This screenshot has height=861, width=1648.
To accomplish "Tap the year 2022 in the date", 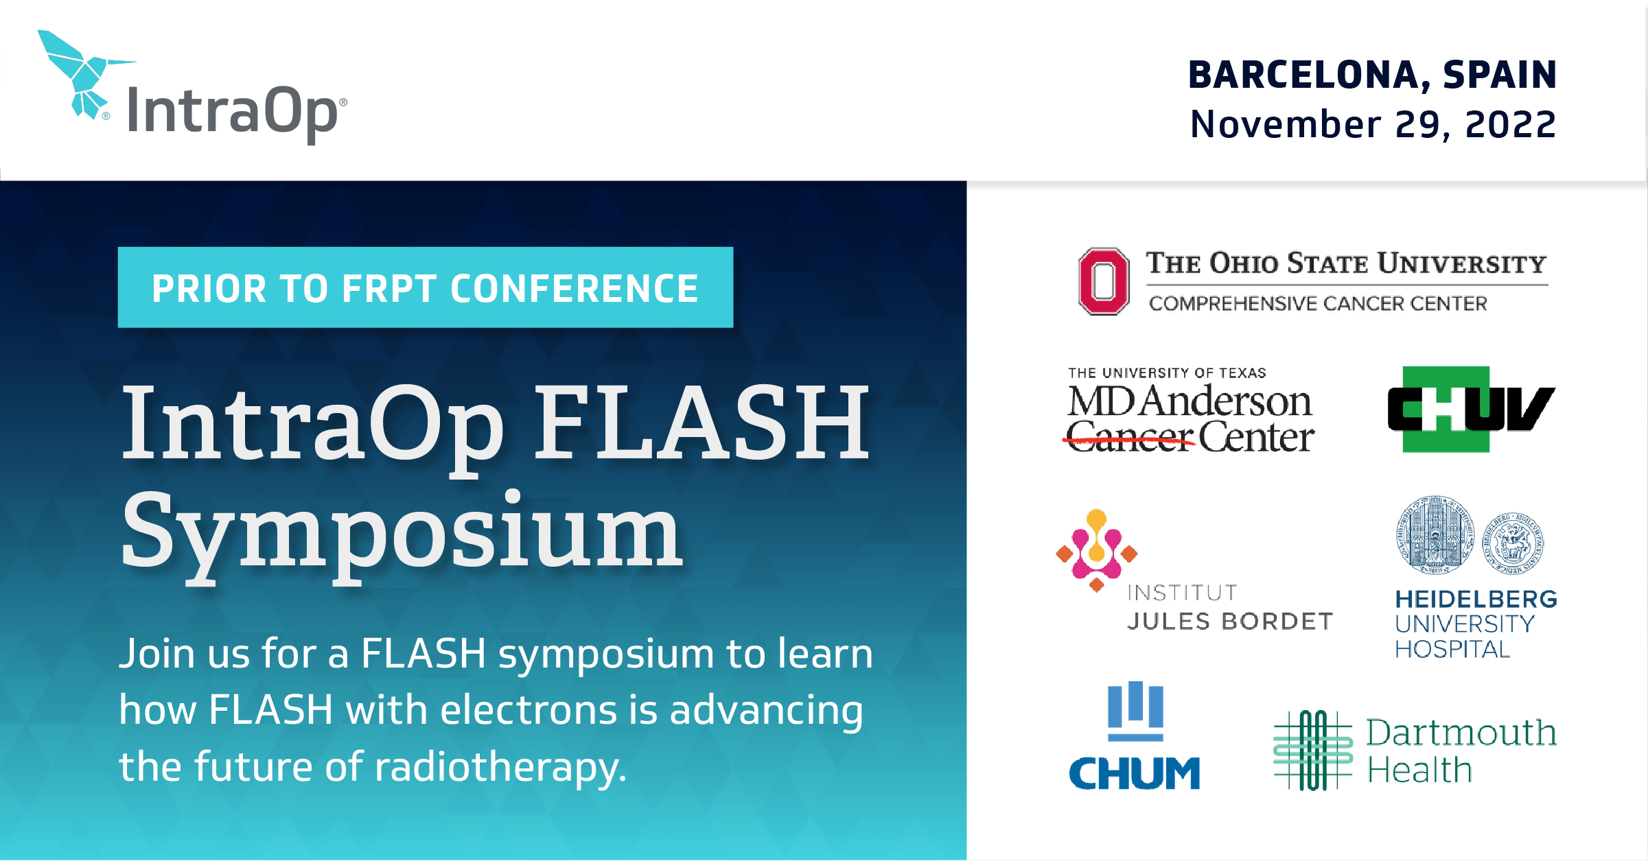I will tap(1510, 125).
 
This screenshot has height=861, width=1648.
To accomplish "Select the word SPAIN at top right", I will tap(1499, 75).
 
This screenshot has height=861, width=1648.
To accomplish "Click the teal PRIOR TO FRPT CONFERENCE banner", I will tap(425, 287).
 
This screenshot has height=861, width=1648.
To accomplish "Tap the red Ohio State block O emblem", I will tap(1103, 281).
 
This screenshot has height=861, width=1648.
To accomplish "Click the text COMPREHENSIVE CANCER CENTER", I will tap(1318, 303).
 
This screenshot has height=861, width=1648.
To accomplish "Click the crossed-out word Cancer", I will tap(1130, 438).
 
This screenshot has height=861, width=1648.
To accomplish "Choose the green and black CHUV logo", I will tap(1470, 410).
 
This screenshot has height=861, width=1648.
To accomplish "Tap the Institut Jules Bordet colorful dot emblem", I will tap(1096, 550).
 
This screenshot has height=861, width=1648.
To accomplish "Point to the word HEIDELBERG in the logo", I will tap(1476, 600).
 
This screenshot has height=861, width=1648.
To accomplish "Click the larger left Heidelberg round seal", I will tap(1434, 534).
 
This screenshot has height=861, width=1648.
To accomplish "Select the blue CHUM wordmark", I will tap(1134, 774).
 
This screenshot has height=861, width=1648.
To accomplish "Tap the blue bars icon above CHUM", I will tap(1135, 710).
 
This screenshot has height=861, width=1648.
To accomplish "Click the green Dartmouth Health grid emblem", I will tap(1312, 750).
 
